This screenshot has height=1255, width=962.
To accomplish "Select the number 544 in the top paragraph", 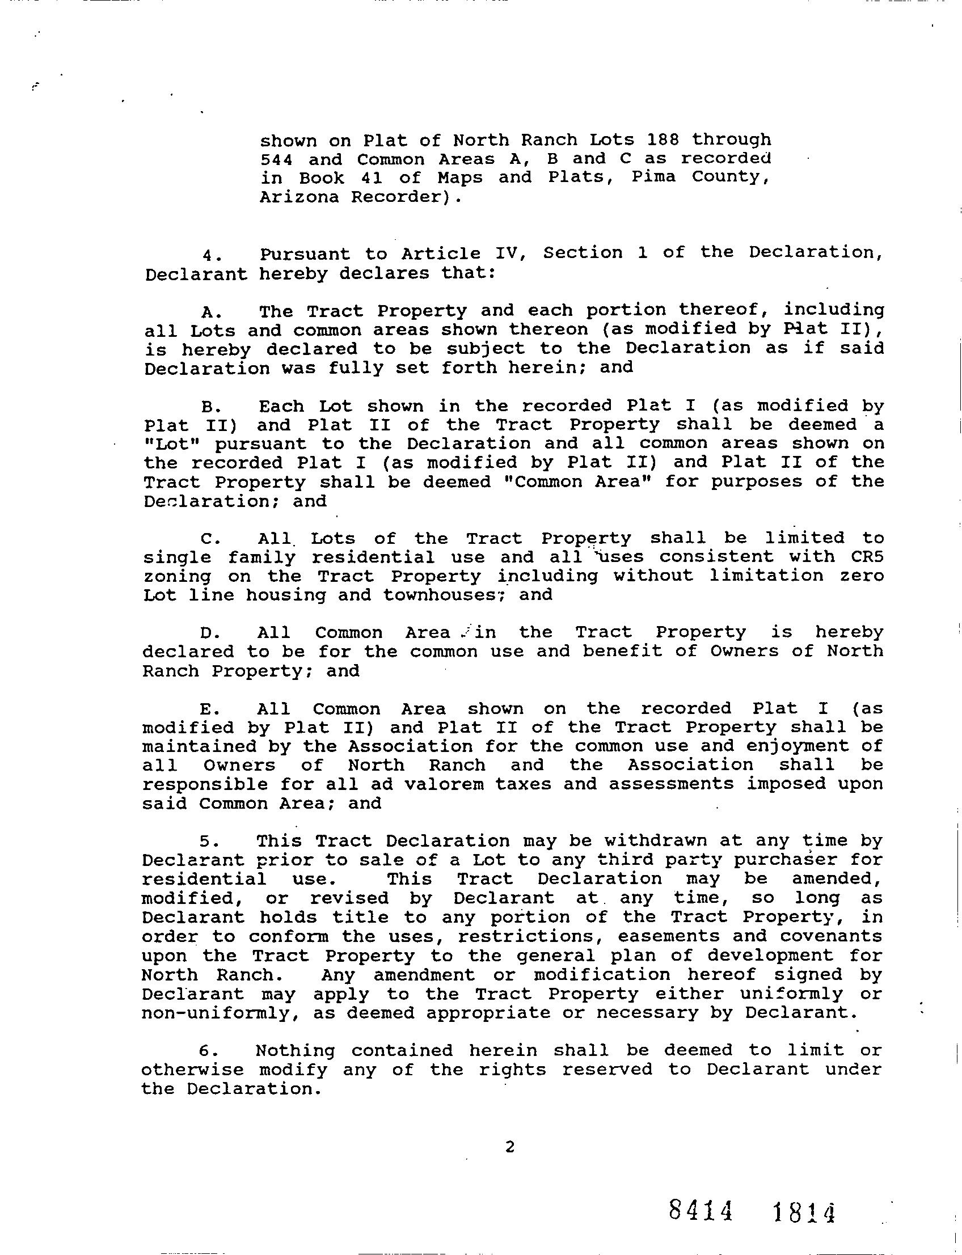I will (x=276, y=159).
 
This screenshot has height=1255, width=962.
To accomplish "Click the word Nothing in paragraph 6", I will (x=295, y=1051).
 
